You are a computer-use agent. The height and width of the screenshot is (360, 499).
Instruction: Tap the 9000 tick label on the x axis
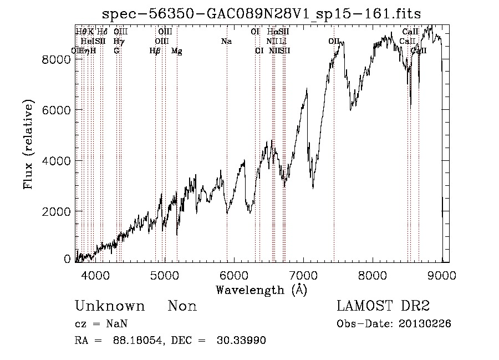pyautogui.click(x=442, y=275)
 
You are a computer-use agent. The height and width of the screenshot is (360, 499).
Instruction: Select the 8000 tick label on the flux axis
pyautogui.click(x=57, y=59)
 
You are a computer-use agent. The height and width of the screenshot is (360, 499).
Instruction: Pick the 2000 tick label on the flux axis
pyautogui.click(x=57, y=211)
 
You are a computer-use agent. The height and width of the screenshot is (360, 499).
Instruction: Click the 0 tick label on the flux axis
pyautogui.click(x=68, y=259)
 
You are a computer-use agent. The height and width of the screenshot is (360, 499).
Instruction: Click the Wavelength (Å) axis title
pyautogui.click(x=261, y=290)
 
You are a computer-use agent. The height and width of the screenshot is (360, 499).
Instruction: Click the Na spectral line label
pyautogui.click(x=226, y=42)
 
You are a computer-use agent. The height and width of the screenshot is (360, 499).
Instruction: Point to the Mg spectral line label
pyautogui.click(x=176, y=51)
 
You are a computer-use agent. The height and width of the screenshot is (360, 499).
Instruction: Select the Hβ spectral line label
pyautogui.click(x=155, y=51)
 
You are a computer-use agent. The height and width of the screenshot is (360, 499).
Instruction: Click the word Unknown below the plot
pyautogui.click(x=109, y=306)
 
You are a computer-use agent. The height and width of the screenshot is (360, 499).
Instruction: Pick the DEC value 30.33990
pyautogui.click(x=241, y=341)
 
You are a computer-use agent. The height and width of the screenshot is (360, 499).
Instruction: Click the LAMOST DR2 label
pyautogui.click(x=383, y=306)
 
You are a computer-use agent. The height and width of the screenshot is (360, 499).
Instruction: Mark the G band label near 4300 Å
pyautogui.click(x=116, y=51)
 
